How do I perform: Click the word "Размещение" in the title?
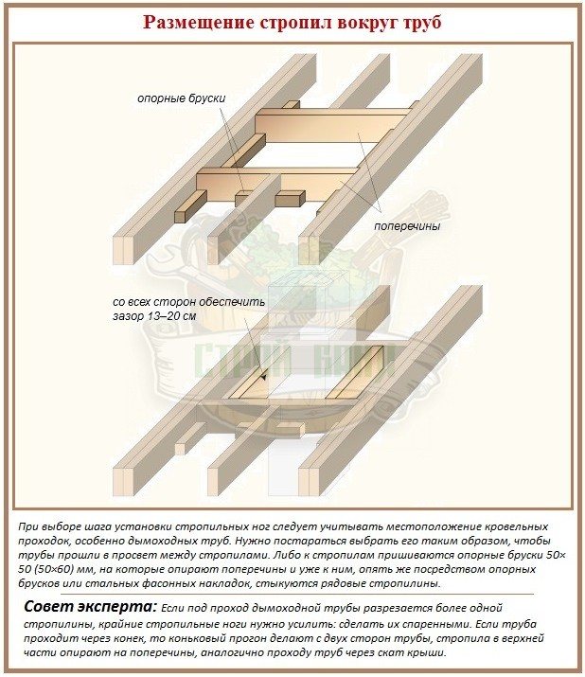point(199,23)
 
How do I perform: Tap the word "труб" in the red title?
point(423,24)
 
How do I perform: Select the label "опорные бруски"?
point(182,98)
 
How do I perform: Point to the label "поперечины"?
point(407,225)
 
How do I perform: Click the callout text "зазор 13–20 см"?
point(154,316)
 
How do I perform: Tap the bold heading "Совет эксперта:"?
point(91,607)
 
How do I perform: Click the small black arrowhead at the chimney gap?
point(263,377)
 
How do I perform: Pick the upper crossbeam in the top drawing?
point(332,124)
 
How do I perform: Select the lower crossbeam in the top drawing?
point(276,184)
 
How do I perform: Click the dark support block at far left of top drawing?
point(190,206)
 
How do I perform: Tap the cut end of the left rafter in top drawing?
point(123,250)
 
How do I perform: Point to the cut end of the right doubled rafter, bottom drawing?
point(310,481)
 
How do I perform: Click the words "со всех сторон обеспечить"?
point(188,301)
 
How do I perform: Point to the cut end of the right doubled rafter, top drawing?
point(310,250)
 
